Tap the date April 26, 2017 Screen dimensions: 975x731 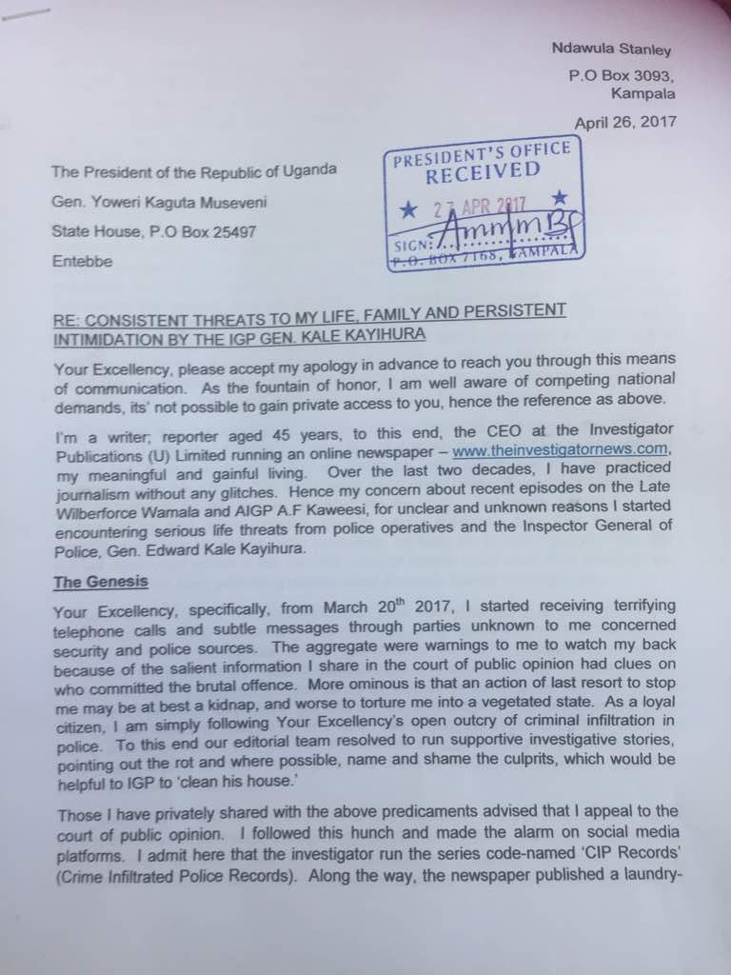point(624,122)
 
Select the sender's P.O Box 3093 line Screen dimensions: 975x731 point(622,76)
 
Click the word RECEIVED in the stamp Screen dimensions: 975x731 point(482,172)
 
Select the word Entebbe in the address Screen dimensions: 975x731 point(81,259)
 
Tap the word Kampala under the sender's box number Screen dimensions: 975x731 point(643,94)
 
